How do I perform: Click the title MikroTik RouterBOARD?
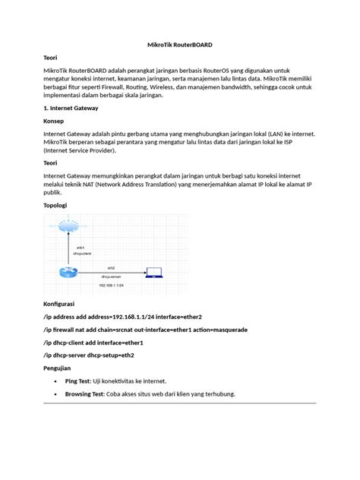tap(180, 45)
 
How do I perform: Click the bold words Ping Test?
tap(82, 381)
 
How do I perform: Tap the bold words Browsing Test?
tap(90, 394)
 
